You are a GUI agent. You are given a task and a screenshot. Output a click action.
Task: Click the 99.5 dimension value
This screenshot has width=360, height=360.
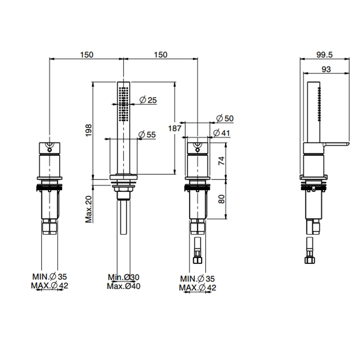[x=324, y=55]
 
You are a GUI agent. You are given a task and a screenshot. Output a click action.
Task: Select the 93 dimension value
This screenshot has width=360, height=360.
[x=326, y=69]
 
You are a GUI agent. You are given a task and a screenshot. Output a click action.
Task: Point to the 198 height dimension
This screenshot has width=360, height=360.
[x=88, y=130]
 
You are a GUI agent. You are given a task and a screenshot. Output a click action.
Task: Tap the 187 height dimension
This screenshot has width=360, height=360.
[x=175, y=128]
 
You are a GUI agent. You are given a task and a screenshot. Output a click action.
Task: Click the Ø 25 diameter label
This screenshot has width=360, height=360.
[x=148, y=100]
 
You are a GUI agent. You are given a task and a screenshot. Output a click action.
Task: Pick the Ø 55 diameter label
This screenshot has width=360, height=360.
[x=147, y=134]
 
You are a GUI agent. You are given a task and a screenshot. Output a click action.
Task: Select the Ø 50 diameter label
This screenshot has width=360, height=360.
[x=225, y=118]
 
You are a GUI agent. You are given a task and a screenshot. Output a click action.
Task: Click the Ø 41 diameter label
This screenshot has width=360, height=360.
[x=222, y=133]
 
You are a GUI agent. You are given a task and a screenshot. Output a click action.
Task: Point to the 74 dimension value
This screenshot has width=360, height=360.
[x=222, y=160]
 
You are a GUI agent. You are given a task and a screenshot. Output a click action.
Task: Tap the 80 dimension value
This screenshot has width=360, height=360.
[x=222, y=199]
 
